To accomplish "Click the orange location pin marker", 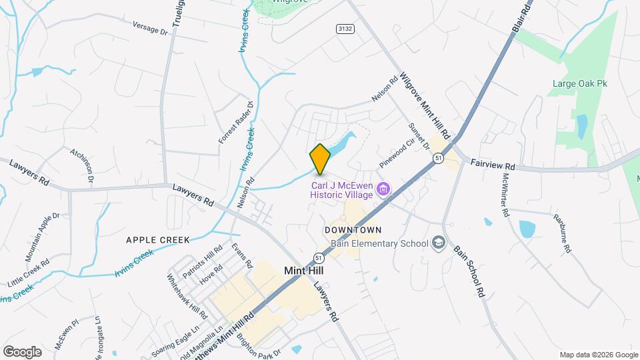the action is [320, 158].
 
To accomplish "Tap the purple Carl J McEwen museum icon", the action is [383, 189].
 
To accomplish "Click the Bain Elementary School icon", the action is [438, 243].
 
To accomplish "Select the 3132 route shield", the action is [345, 29].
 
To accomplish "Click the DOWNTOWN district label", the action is [353, 230].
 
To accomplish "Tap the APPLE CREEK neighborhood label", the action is [158, 239].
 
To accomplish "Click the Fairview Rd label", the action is [493, 165].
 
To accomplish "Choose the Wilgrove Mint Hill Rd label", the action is [425, 104].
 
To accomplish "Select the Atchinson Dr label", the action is [83, 165].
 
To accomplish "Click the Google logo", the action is [22, 352].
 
